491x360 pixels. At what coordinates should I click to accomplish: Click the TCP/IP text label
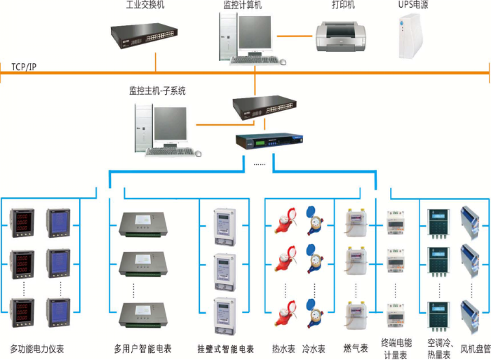tap(24, 67)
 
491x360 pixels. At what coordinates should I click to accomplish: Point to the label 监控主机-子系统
tap(157, 91)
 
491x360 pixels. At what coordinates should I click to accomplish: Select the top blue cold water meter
tap(314, 220)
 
